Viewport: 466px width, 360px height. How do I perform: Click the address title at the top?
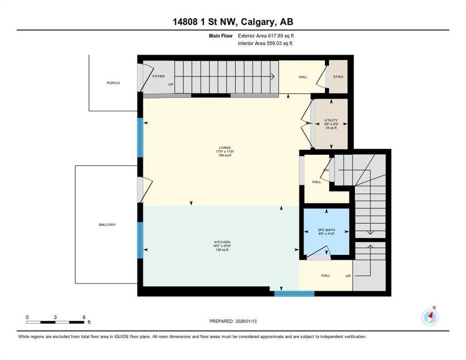coord(233,22)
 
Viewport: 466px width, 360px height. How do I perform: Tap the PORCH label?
coord(113,83)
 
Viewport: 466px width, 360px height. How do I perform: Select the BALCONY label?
coord(107,225)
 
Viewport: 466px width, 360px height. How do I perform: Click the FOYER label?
coord(158,76)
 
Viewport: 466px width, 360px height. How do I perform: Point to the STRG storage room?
coord(338,77)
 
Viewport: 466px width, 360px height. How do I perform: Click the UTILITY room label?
coord(331,120)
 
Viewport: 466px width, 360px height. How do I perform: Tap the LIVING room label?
coord(225,147)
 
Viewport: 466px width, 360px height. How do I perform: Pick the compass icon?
coord(430,317)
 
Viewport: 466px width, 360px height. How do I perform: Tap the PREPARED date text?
coord(233,321)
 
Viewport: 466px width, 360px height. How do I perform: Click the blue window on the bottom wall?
coord(294,294)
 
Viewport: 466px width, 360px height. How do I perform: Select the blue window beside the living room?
coord(140,137)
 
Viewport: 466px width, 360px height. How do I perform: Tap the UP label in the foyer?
coord(171,85)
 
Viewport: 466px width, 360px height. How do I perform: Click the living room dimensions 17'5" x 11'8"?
coord(224,151)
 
